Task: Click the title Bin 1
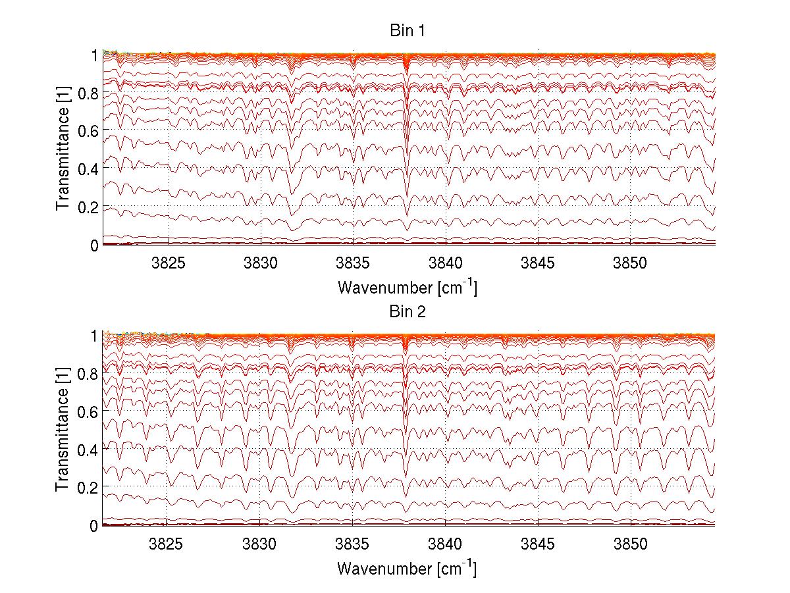(408, 32)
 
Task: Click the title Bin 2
(408, 312)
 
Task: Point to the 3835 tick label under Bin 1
(354, 263)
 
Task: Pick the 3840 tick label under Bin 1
(446, 263)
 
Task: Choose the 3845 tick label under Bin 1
(539, 263)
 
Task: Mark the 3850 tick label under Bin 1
(631, 263)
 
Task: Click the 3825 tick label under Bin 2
(167, 544)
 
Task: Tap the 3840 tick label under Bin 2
(445, 544)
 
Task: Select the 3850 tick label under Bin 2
(631, 544)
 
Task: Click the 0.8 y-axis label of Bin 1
(87, 93)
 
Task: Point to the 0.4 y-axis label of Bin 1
(87, 168)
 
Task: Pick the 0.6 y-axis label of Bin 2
(87, 411)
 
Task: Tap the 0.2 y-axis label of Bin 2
(87, 487)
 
